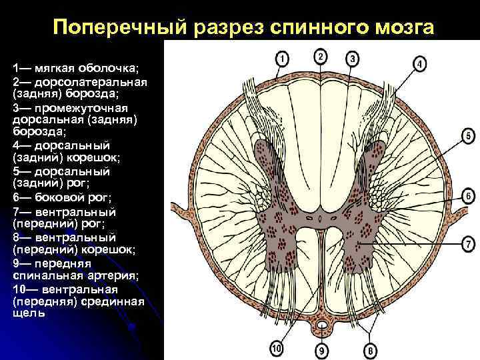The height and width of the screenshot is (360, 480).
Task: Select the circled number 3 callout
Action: pos(353,59)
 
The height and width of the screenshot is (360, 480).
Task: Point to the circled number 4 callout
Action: pos(419,64)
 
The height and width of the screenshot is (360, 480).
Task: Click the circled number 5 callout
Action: pos(468,137)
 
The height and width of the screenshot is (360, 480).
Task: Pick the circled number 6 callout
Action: pos(468,197)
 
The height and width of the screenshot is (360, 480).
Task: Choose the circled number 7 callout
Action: pos(468,245)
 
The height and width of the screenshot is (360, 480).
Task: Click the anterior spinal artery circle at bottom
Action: pos(323,326)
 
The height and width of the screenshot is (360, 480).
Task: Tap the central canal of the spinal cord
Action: pos(320,218)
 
